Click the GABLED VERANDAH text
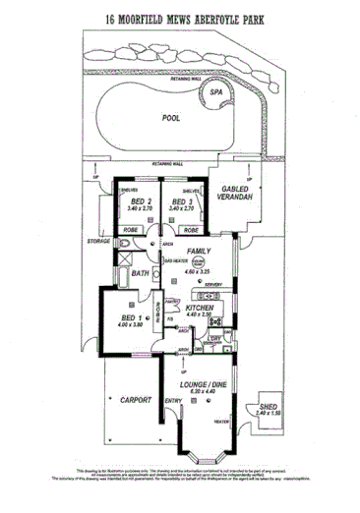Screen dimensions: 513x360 click(237, 194)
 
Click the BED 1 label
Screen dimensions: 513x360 click(132, 319)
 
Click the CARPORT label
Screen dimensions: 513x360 click(133, 400)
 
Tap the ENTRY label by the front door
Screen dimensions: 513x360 click(173, 400)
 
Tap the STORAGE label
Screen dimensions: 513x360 click(98, 239)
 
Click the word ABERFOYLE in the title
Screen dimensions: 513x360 click(215, 18)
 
